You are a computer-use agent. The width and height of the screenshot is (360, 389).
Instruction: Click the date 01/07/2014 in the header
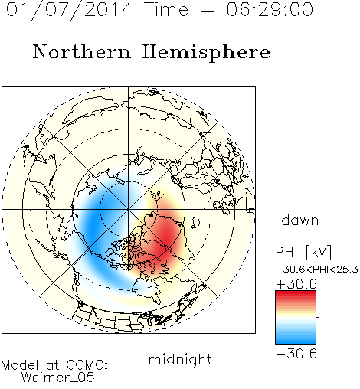click(x=70, y=10)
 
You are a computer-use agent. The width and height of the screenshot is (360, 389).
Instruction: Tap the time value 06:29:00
click(x=270, y=9)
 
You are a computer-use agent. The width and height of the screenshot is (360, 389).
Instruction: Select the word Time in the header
click(x=166, y=9)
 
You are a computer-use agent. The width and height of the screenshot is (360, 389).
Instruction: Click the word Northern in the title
click(x=82, y=51)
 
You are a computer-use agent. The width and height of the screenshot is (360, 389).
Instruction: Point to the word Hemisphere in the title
click(x=206, y=53)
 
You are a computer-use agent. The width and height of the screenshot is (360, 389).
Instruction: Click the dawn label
click(x=300, y=220)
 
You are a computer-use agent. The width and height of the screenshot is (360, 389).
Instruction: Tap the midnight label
click(x=180, y=359)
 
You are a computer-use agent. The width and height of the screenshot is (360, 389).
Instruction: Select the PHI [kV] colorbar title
click(x=303, y=252)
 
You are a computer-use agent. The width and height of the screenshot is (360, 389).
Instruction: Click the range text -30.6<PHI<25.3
click(x=317, y=270)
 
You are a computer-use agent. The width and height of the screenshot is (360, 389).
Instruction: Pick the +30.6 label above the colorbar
click(x=296, y=284)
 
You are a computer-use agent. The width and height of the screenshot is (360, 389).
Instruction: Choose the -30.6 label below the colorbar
click(x=296, y=354)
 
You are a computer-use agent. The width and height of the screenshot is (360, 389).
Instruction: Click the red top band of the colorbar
click(x=296, y=294)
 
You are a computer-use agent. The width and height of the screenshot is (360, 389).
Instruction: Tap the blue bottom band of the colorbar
click(x=296, y=340)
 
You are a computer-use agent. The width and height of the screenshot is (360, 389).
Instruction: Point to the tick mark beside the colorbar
click(x=318, y=317)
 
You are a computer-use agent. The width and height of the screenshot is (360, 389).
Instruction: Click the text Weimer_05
click(x=58, y=378)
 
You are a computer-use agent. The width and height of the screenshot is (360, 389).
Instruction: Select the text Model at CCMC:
click(x=54, y=365)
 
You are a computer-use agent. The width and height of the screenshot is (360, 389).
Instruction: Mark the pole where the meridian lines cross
click(x=129, y=209)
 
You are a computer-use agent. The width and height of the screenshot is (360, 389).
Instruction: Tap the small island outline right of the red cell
click(x=196, y=223)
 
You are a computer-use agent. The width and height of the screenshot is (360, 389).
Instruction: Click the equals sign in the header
click(x=208, y=11)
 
